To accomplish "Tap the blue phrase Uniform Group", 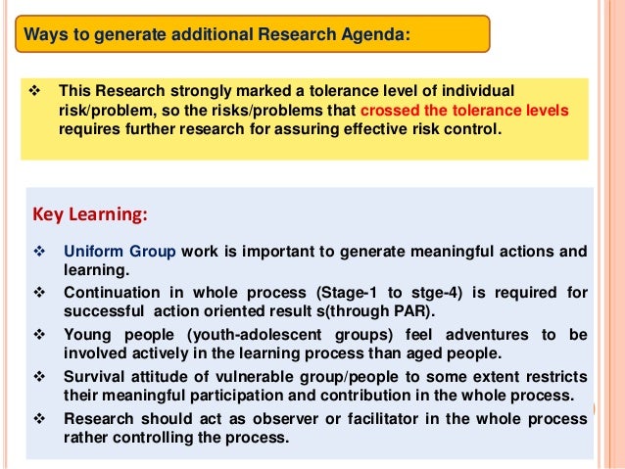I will point(120,251).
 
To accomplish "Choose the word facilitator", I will point(378,418).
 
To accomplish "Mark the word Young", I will point(86,334).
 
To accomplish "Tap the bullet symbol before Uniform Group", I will point(40,251).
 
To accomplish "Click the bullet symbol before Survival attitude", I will point(40,376).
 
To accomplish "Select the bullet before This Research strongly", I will point(36,89).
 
